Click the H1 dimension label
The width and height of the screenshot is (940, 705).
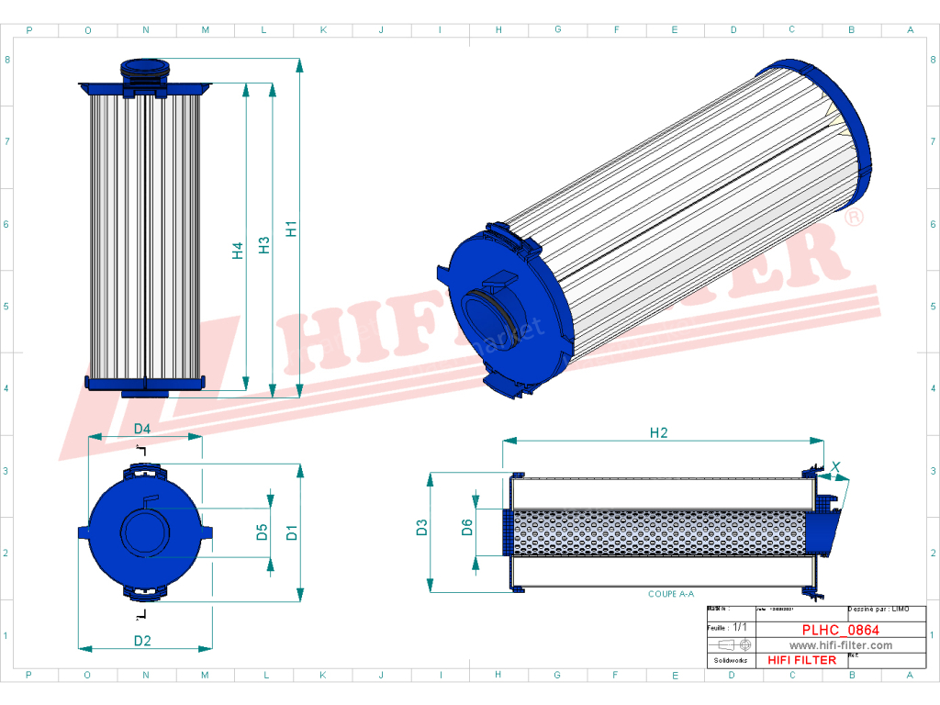pyautogui.click(x=291, y=229)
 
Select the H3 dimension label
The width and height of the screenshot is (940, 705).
pyautogui.click(x=264, y=245)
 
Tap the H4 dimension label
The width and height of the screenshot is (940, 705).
pyautogui.click(x=238, y=250)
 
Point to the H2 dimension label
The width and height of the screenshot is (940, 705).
pyautogui.click(x=658, y=433)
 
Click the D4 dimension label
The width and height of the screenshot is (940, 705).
pyautogui.click(x=142, y=429)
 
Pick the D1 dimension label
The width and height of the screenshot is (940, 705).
pyautogui.click(x=291, y=531)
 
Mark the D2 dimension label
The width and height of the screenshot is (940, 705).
pyautogui.click(x=142, y=641)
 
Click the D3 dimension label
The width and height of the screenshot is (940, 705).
pyautogui.click(x=421, y=527)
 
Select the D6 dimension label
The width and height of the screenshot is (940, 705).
pyautogui.click(x=466, y=527)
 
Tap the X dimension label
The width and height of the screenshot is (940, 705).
pyautogui.click(x=835, y=467)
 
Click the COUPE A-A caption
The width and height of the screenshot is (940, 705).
pyautogui.click(x=670, y=595)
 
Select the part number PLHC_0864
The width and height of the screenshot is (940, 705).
pyautogui.click(x=840, y=630)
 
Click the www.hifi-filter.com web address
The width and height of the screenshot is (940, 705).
pyautogui.click(x=840, y=645)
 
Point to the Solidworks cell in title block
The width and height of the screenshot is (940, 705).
pyautogui.click(x=731, y=660)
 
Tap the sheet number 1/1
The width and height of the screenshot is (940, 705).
pyautogui.click(x=741, y=627)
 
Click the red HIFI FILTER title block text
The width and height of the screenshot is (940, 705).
pyautogui.click(x=801, y=660)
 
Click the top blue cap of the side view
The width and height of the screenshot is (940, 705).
pyautogui.click(x=146, y=66)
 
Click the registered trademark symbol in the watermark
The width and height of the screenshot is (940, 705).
pyautogui.click(x=853, y=218)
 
